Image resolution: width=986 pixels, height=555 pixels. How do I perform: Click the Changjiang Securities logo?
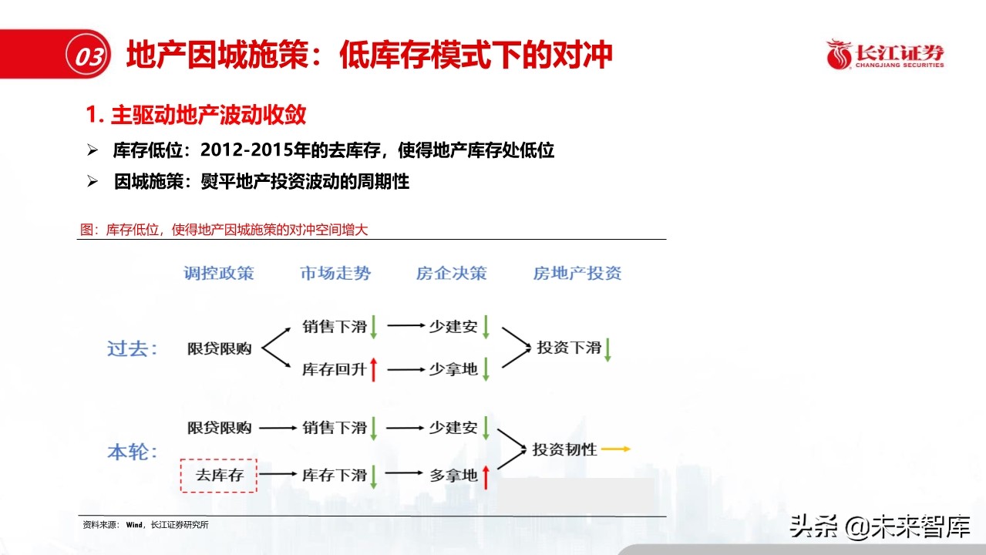[884, 54]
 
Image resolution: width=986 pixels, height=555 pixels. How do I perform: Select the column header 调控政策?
[219, 273]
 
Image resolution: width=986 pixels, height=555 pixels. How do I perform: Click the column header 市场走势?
[335, 273]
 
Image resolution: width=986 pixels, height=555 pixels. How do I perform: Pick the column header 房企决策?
[452, 273]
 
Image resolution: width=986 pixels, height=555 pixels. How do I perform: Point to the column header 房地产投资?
[577, 273]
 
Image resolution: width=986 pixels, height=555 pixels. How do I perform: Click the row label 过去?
[132, 348]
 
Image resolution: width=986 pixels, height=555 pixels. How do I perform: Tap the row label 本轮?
[132, 452]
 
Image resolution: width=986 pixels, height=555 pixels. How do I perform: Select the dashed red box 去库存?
[219, 475]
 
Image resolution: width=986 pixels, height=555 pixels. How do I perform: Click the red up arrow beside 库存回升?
[374, 369]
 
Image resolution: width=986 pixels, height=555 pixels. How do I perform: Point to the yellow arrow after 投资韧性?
[616, 449]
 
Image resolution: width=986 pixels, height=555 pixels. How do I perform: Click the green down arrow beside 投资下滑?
[607, 349]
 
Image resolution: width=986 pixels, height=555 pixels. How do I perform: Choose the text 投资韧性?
[565, 449]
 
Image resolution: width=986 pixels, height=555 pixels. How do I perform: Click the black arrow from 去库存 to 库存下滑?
[278, 475]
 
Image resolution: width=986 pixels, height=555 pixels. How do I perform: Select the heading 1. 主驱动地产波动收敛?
[197, 115]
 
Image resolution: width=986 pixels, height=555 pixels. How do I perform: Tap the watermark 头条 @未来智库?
[878, 527]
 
